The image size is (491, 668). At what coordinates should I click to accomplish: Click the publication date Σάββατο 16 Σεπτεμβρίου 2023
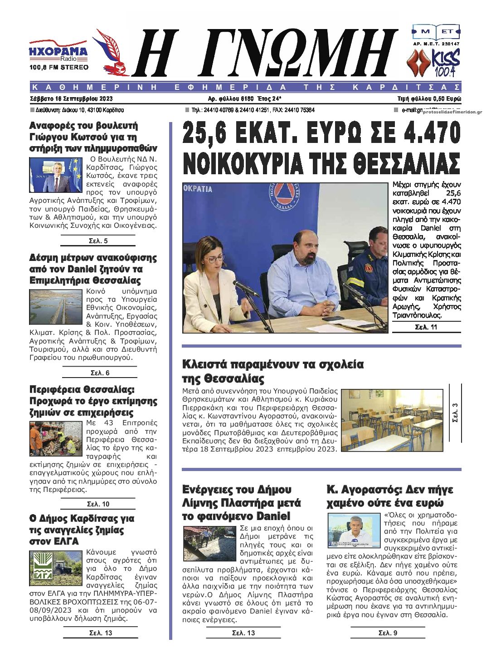[x=71, y=98]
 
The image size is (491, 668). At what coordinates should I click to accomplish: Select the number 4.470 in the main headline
[x=425, y=135]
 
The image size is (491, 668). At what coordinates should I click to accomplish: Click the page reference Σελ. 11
[x=426, y=327]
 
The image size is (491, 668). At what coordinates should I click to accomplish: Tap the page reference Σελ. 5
[x=98, y=241]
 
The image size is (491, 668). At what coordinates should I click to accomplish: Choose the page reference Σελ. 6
[x=100, y=373]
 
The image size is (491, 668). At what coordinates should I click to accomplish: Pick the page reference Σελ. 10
[x=98, y=504]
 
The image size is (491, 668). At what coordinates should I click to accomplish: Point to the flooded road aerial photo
[x=56, y=306]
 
